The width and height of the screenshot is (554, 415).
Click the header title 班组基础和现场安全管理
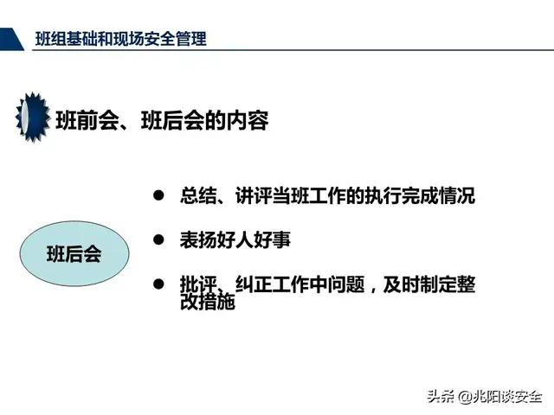click(120, 39)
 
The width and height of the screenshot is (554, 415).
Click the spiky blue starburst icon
click(32, 118)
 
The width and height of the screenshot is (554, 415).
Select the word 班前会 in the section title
click(82, 121)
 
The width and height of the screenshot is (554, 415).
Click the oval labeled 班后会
click(74, 254)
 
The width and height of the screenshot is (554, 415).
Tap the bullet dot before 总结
click(158, 196)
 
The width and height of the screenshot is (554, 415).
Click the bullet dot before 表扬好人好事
click(158, 239)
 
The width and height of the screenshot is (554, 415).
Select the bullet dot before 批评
click(158, 284)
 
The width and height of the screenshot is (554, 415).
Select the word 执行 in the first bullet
click(363, 196)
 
